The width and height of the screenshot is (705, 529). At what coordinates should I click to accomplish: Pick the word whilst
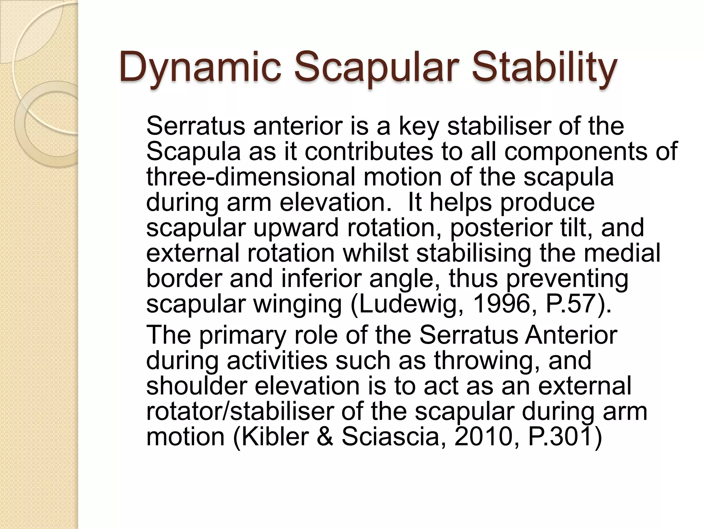[375, 253]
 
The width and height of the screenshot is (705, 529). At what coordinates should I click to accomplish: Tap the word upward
[296, 228]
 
